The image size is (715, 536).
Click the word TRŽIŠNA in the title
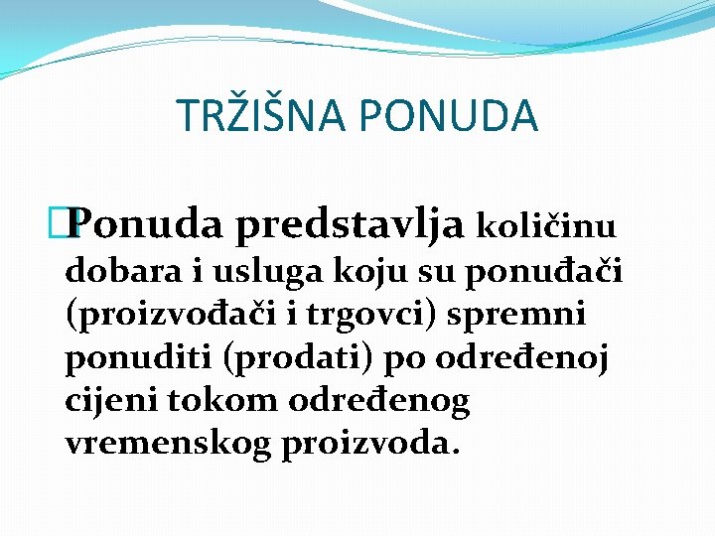click(x=260, y=115)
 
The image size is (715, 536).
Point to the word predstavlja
click(x=348, y=226)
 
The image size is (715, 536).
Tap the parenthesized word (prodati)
click(x=299, y=358)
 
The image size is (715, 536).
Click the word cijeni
click(x=108, y=401)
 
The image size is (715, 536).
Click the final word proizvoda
click(x=371, y=445)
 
